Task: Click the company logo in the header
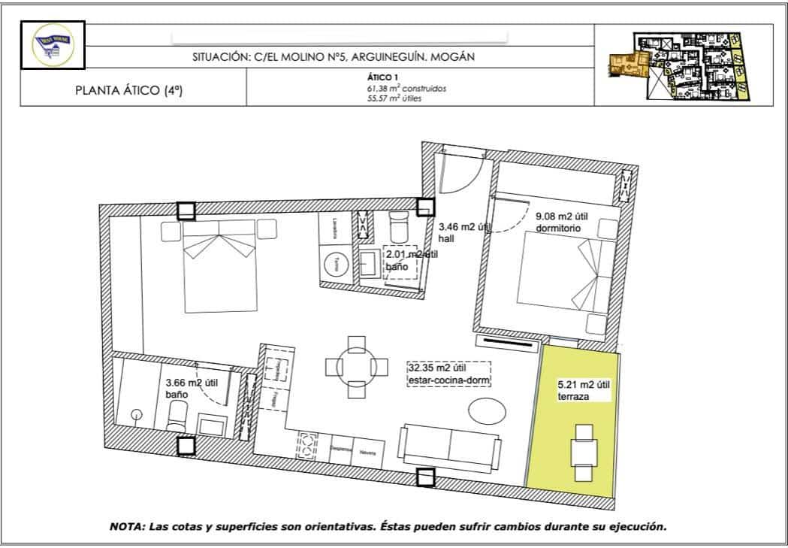point(52,46)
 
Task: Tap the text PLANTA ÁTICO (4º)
point(129,91)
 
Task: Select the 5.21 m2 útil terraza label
point(584,391)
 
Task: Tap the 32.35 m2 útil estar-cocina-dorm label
point(448,374)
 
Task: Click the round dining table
point(357,366)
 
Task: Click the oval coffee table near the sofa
point(488,411)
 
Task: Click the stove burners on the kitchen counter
point(306,444)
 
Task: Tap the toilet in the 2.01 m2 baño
point(397,224)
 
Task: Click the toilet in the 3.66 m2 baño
point(179,414)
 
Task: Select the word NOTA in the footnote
point(130,525)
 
